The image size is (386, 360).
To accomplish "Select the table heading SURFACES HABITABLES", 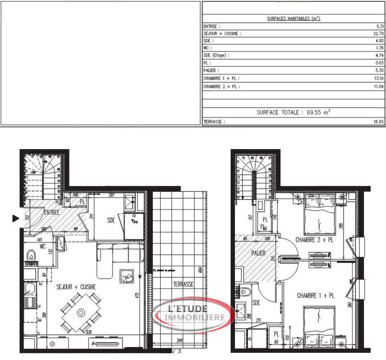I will click(294, 19).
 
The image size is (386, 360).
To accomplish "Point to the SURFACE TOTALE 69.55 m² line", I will click(293, 112).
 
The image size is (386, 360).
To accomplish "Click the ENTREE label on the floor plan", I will click(52, 212).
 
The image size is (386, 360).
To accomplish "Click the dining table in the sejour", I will click(81, 313).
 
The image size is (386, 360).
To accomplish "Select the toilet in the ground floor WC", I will click(31, 255).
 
